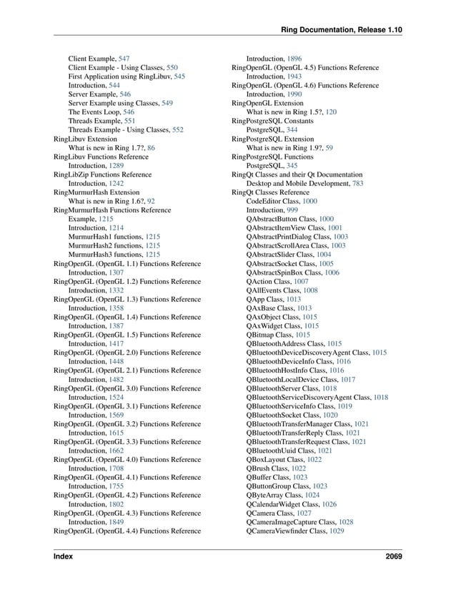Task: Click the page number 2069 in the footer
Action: [392, 556]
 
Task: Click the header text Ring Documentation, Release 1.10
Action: [342, 29]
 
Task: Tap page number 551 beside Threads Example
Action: [129, 122]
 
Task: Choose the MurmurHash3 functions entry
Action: [105, 254]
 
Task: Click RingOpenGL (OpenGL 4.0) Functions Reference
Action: [127, 460]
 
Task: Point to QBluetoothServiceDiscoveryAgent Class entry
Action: [308, 397]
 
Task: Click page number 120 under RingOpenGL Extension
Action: [330, 112]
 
